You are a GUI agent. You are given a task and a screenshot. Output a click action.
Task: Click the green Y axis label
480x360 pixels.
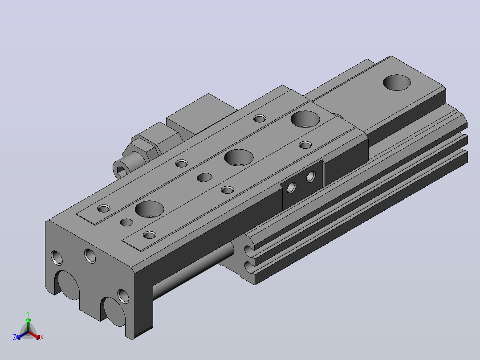[28, 313]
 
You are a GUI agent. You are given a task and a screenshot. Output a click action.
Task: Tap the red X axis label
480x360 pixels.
[42, 337]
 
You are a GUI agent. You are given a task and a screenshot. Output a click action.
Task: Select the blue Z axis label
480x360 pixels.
[14, 337]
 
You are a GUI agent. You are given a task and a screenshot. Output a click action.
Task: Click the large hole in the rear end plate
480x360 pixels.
[397, 82]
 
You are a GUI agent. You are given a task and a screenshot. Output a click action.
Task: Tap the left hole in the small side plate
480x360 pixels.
[291, 188]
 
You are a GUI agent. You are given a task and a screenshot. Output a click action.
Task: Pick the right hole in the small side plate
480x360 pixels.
[311, 176]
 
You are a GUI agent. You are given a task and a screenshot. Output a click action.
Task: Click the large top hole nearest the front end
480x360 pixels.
[150, 209]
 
